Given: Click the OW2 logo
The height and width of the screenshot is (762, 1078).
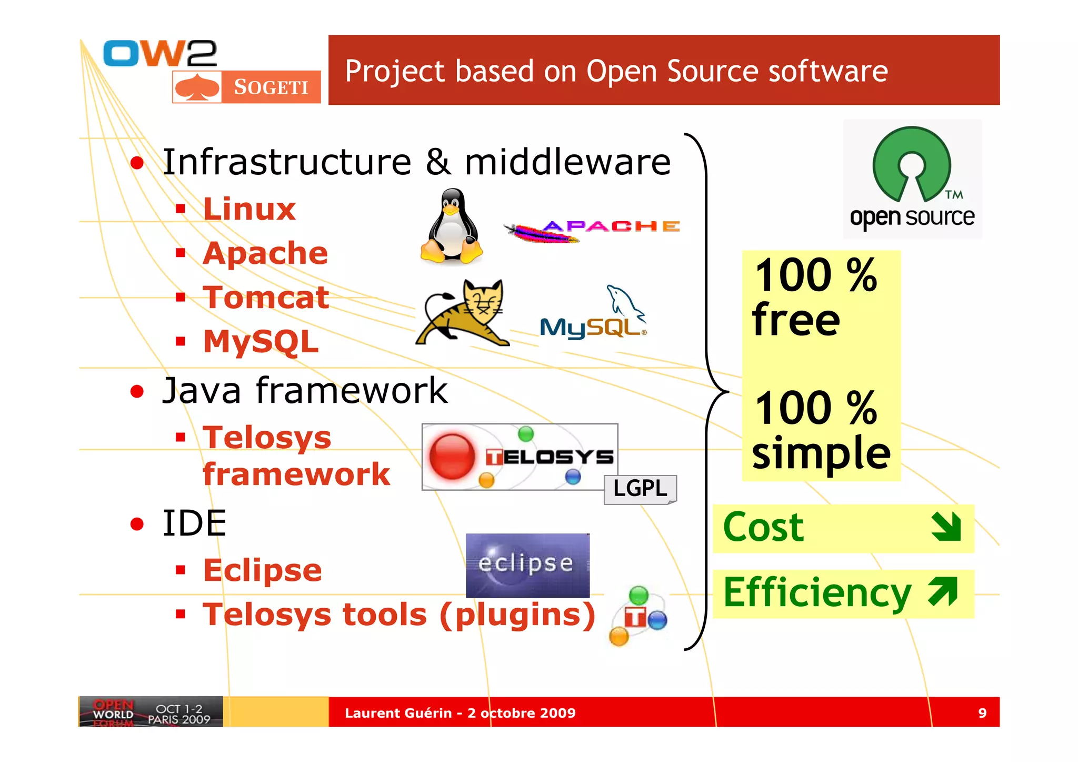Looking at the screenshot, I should pyautogui.click(x=159, y=53).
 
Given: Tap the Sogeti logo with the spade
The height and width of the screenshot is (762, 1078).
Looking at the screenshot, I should pyautogui.click(x=246, y=87).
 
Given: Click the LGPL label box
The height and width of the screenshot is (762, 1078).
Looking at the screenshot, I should pyautogui.click(x=640, y=489).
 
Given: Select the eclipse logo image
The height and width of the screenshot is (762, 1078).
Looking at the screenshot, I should pyautogui.click(x=527, y=565).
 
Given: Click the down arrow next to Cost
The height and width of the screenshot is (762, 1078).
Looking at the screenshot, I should pyautogui.click(x=946, y=527).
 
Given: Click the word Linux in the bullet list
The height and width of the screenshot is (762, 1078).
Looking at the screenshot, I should pyautogui.click(x=249, y=209).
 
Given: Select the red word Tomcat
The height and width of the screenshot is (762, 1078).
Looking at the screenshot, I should pyautogui.click(x=266, y=298).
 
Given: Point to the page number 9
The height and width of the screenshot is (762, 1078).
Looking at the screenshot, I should pyautogui.click(x=982, y=713).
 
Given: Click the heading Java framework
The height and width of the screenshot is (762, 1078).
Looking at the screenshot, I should pyautogui.click(x=305, y=391).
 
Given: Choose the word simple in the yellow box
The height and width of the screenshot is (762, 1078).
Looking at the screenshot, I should pyautogui.click(x=821, y=453).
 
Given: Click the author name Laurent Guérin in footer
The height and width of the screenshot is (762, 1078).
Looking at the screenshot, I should pyautogui.click(x=398, y=713).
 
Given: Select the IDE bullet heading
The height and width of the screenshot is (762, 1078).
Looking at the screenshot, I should pyautogui.click(x=194, y=523).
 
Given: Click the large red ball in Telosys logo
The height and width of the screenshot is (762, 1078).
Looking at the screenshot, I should pyautogui.click(x=452, y=456).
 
